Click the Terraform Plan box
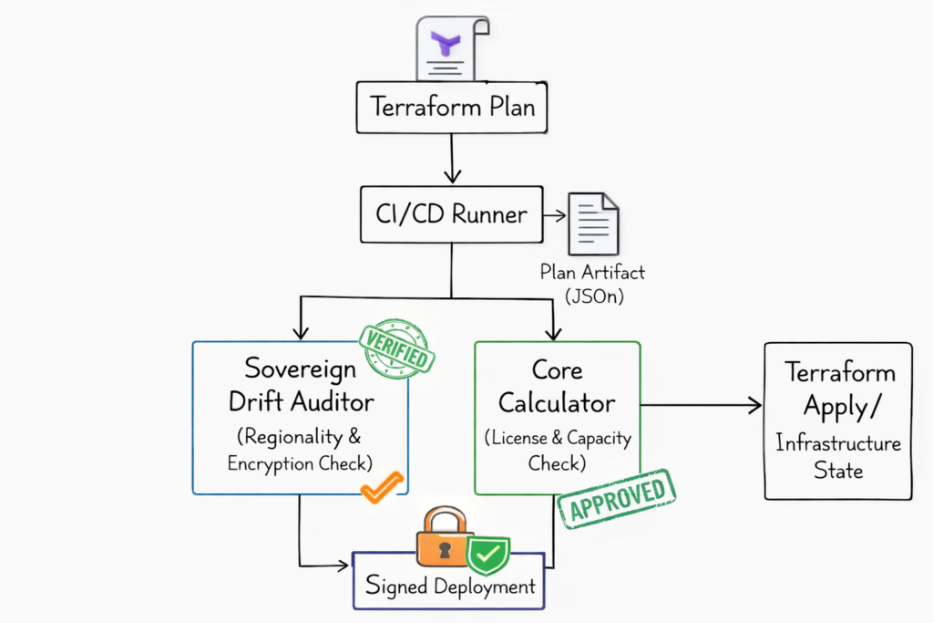[x=452, y=107]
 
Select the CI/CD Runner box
[x=451, y=215]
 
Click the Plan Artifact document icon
[x=593, y=224]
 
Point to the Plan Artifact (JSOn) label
[x=592, y=282]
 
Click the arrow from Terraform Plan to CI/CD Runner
[x=452, y=159]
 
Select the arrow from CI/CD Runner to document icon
[x=553, y=216]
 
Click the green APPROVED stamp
[x=617, y=498]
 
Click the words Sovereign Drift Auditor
[x=299, y=384]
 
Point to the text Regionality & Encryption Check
[x=300, y=449]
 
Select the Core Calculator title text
[x=559, y=386]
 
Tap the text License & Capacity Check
[x=558, y=450]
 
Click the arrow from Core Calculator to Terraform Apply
[x=702, y=405]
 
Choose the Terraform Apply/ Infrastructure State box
[x=837, y=421]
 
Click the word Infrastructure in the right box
[x=838, y=443]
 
